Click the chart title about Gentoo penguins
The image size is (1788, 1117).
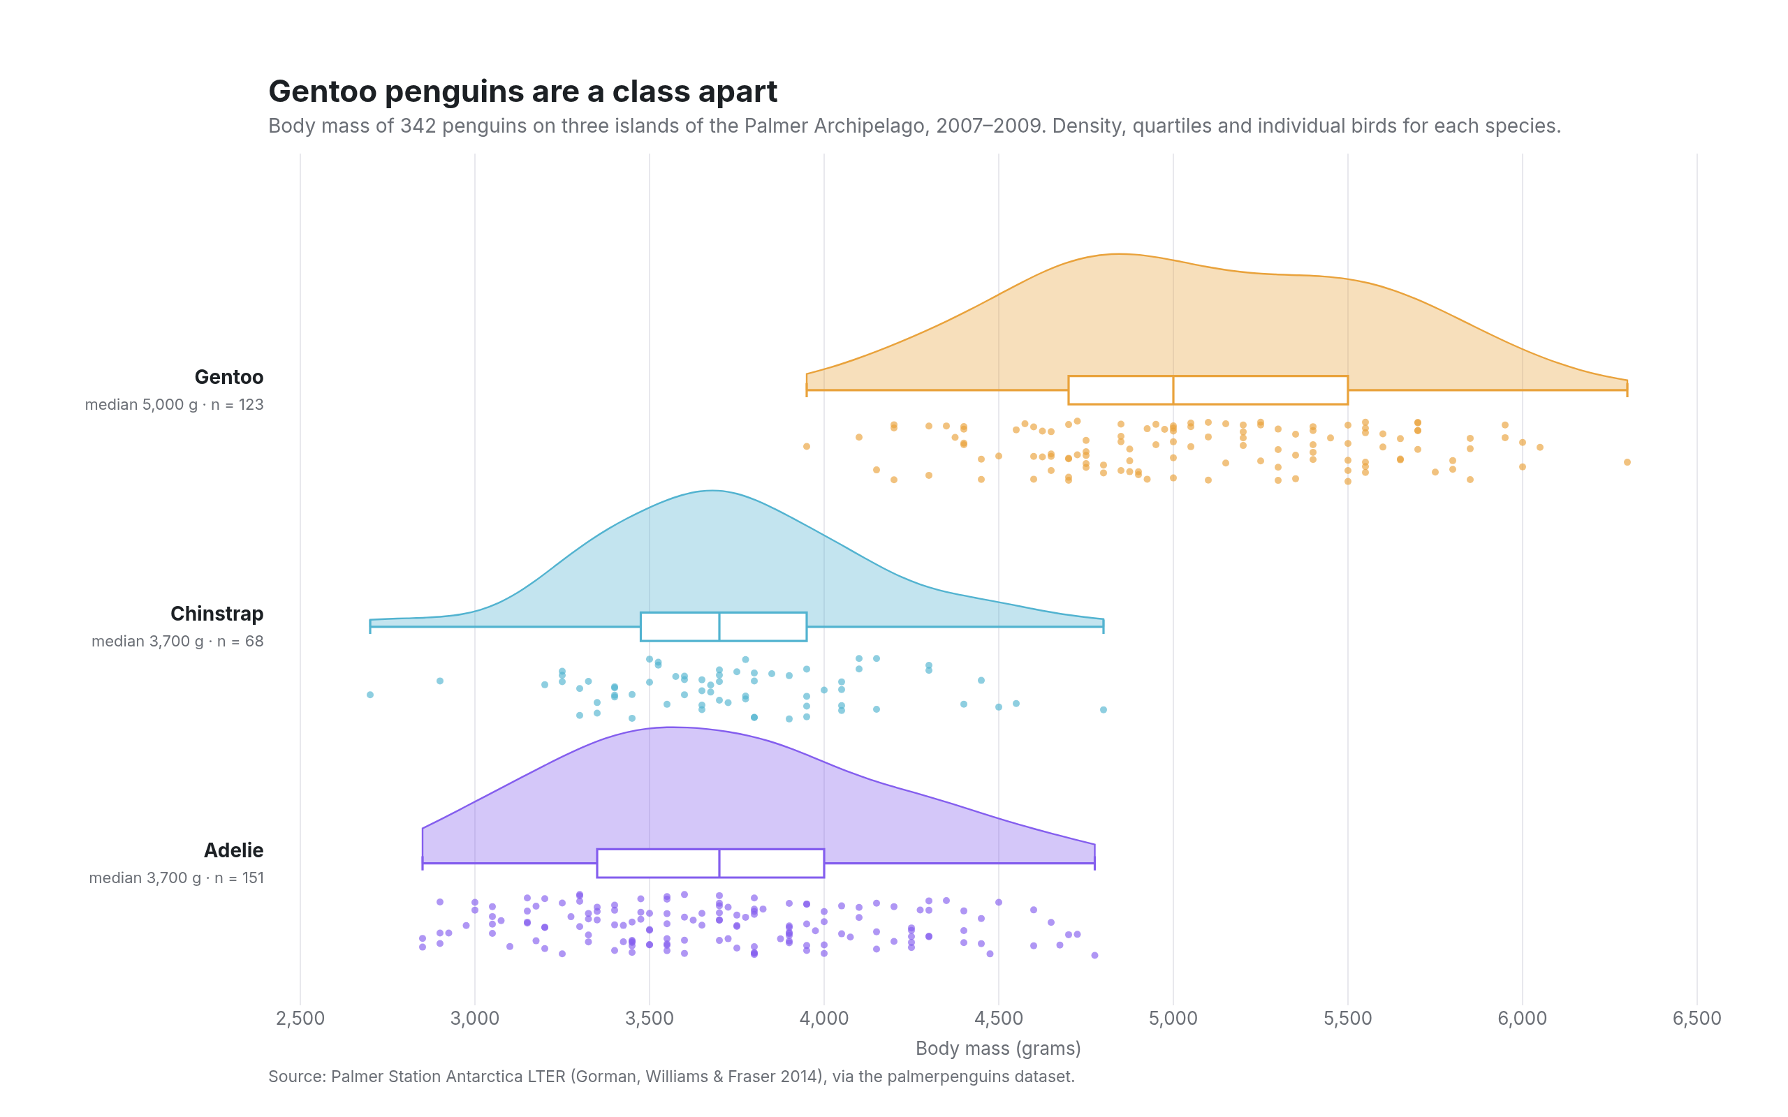click(522, 91)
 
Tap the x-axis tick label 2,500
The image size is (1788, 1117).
click(300, 1018)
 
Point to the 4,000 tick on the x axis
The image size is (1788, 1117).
click(824, 1018)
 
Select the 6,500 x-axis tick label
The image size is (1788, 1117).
click(1697, 1018)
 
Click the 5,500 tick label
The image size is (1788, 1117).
click(1348, 1018)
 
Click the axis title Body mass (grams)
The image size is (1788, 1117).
click(998, 1049)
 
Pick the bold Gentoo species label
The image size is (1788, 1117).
click(229, 377)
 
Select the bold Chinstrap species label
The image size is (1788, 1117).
click(217, 614)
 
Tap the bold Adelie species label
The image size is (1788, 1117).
click(233, 850)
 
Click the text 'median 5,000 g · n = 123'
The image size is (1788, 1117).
click(175, 405)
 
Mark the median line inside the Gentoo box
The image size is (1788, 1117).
click(1173, 390)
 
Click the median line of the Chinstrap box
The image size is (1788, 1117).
click(719, 626)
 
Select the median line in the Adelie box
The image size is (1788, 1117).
click(719, 863)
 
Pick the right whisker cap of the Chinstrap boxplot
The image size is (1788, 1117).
click(1103, 626)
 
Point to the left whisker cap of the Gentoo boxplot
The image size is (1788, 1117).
click(807, 390)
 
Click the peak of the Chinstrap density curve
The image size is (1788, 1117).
click(712, 491)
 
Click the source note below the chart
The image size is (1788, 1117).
click(671, 1077)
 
